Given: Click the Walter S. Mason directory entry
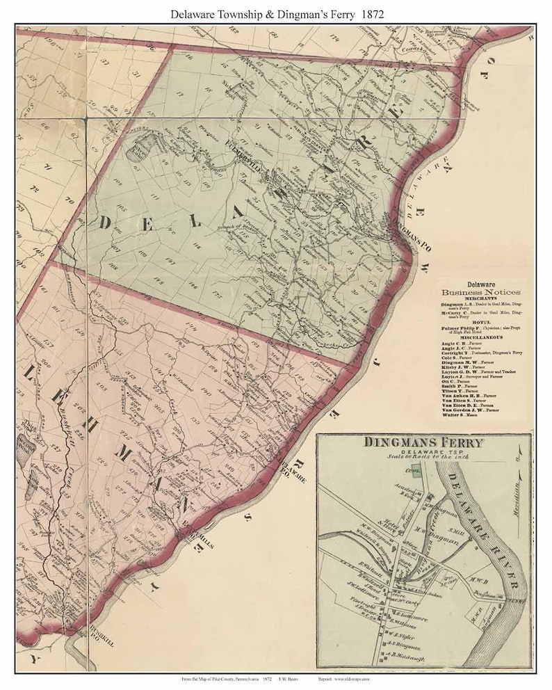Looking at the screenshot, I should click(463, 415).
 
